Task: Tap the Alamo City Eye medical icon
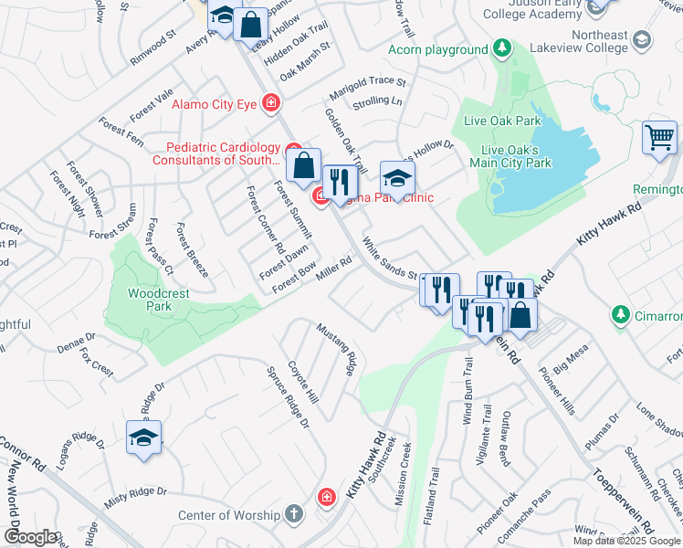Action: pyautogui.click(x=270, y=104)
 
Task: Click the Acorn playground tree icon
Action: pyautogui.click(x=500, y=48)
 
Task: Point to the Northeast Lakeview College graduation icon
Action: pyautogui.click(x=642, y=39)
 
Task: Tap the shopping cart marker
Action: pyautogui.click(x=659, y=138)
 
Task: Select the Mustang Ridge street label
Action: pyautogui.click(x=336, y=348)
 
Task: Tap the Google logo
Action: pyautogui.click(x=30, y=537)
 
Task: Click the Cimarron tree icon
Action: pyautogui.click(x=621, y=315)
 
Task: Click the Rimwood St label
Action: pyautogui.click(x=153, y=46)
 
